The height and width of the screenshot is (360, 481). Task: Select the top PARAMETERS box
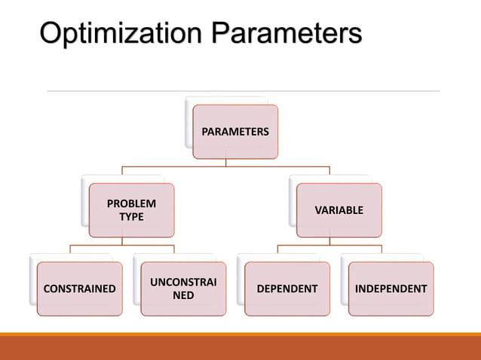(x=234, y=132)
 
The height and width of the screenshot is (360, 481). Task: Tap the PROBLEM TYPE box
(x=131, y=210)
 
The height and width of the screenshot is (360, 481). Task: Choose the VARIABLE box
(x=339, y=210)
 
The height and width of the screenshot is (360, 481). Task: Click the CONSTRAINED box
(x=79, y=288)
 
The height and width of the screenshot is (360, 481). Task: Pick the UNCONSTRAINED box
(x=183, y=288)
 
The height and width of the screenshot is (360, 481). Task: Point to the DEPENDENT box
(x=287, y=288)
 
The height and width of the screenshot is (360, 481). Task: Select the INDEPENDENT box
(x=391, y=288)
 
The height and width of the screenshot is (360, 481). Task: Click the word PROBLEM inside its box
(x=131, y=203)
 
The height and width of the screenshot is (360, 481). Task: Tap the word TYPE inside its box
(x=131, y=218)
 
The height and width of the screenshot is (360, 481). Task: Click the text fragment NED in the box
(x=183, y=296)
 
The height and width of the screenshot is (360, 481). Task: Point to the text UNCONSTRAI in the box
(x=183, y=282)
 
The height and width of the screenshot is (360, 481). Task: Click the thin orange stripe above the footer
(x=240, y=334)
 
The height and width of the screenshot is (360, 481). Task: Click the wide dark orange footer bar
(x=240, y=349)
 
